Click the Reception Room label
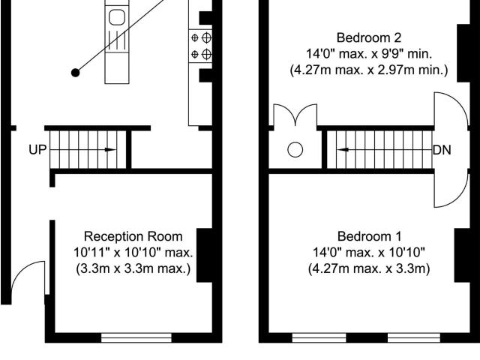click(x=133, y=236)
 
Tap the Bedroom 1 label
click(x=369, y=236)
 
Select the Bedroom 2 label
click(x=368, y=37)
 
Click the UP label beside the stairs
click(x=37, y=150)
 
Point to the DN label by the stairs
click(x=442, y=150)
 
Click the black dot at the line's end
click(x=75, y=73)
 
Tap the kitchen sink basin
click(x=117, y=17)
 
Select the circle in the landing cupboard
click(x=295, y=150)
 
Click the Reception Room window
click(x=136, y=338)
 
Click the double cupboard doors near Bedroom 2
click(x=295, y=115)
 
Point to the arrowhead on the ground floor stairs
click(x=110, y=150)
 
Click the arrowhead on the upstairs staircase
click(x=343, y=150)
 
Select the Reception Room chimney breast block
click(x=205, y=255)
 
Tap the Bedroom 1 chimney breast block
click(x=462, y=255)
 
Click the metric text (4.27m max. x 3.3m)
click(x=369, y=268)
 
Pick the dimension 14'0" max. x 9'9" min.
click(x=369, y=54)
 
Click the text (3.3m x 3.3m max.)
click(x=133, y=268)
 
